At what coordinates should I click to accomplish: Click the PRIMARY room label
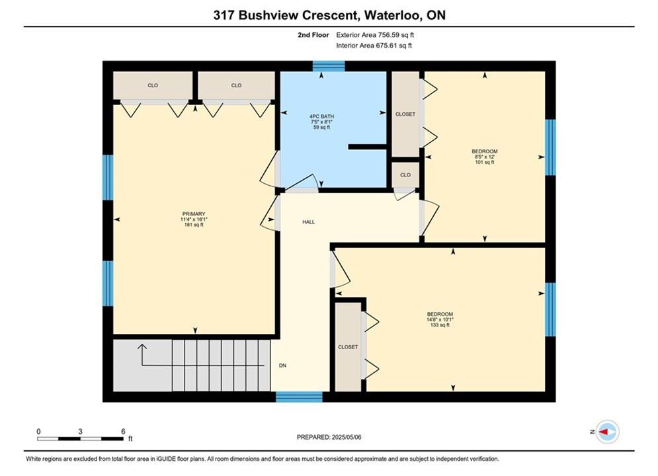click(194, 214)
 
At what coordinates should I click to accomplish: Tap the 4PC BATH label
click(322, 116)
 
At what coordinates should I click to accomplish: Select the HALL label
click(308, 222)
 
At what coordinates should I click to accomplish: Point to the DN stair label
click(282, 366)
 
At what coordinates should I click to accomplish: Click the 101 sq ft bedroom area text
click(485, 162)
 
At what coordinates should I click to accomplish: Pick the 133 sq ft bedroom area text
click(440, 325)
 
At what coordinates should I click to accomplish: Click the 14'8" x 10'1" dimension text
click(440, 319)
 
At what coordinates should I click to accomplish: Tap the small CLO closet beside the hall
click(405, 175)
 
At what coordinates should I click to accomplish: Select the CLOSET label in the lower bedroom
click(348, 347)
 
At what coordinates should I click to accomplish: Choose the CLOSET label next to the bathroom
click(405, 114)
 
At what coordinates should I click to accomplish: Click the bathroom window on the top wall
click(329, 66)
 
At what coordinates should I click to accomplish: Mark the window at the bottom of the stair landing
click(299, 397)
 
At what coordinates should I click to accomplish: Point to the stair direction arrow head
click(142, 347)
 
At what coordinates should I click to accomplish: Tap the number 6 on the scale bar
click(123, 431)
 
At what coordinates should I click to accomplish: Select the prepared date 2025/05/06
click(347, 437)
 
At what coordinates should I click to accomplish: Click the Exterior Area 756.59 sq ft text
click(375, 35)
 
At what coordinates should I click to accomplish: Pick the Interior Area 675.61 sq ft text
click(374, 46)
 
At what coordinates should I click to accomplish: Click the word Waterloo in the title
click(392, 15)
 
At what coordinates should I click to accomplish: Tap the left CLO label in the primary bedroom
click(153, 85)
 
